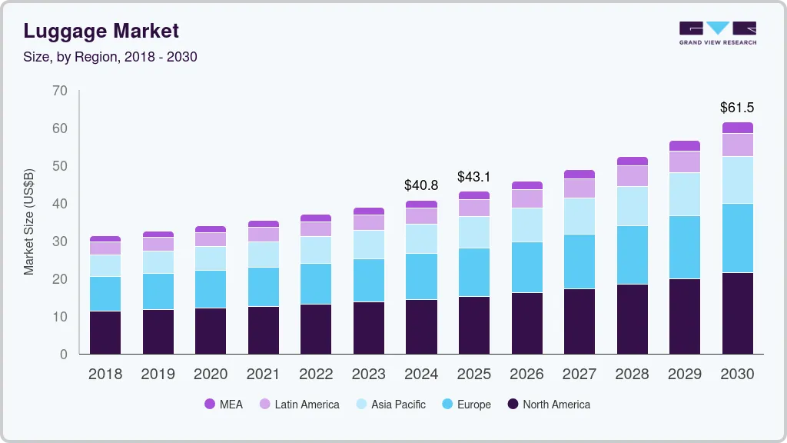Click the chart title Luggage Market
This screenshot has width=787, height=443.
click(101, 31)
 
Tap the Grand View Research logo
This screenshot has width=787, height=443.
click(717, 32)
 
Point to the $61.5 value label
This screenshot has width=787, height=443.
click(737, 108)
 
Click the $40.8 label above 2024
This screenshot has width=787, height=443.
click(421, 185)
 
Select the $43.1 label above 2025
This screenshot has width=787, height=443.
click(473, 177)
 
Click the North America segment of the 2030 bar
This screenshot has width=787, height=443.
click(737, 313)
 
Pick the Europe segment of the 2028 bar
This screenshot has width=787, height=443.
click(632, 255)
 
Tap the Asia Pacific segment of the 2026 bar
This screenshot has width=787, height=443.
click(526, 225)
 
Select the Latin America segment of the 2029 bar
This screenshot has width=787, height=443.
click(684, 162)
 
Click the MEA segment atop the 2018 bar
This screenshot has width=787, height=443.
click(105, 239)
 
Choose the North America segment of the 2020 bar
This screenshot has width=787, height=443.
click(211, 331)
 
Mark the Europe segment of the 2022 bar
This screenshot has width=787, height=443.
click(316, 284)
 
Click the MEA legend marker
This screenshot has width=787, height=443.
click(210, 404)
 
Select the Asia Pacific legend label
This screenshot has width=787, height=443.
click(398, 404)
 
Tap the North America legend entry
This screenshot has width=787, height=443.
click(548, 404)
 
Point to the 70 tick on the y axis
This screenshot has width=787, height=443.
click(60, 91)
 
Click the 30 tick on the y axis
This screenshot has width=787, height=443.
click(60, 241)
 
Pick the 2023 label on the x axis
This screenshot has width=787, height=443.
click(368, 375)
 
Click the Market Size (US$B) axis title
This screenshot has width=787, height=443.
click(29, 222)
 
